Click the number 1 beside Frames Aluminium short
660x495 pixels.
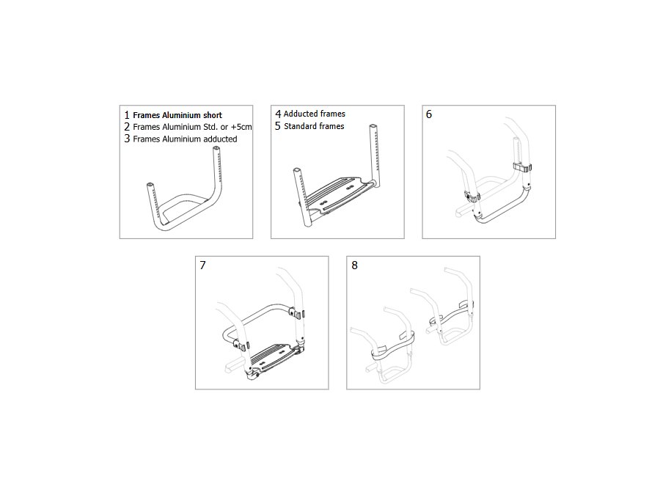(127, 115)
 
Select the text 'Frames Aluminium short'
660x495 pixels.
(177, 115)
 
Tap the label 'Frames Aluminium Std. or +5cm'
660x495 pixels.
(192, 127)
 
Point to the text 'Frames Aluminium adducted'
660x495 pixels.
(185, 139)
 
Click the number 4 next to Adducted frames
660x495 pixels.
(278, 114)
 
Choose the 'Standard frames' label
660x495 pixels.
(314, 126)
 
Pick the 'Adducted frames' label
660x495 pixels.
(315, 114)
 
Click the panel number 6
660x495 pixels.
(429, 114)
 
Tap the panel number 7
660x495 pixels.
(203, 265)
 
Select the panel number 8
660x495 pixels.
(354, 265)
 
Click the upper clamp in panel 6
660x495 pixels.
(522, 167)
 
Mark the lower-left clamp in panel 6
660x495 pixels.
(472, 197)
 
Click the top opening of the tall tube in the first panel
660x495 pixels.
(216, 149)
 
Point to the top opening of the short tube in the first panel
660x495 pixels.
(150, 185)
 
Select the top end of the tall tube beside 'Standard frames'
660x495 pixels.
(373, 127)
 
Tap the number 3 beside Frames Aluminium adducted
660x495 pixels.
(127, 139)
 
